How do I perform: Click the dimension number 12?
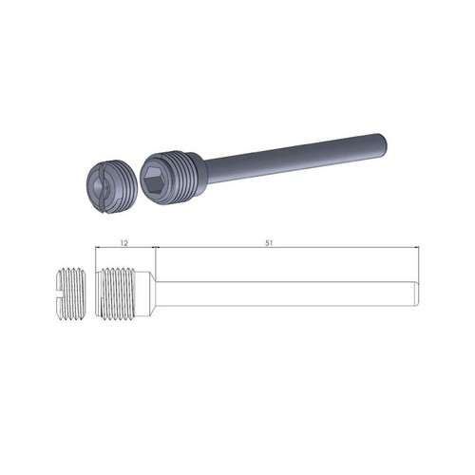pos(124,243)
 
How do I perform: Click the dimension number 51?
pos(269,243)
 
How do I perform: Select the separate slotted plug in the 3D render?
pos(112,186)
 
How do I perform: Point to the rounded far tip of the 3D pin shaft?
pos(384,142)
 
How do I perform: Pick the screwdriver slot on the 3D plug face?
pos(102,187)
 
